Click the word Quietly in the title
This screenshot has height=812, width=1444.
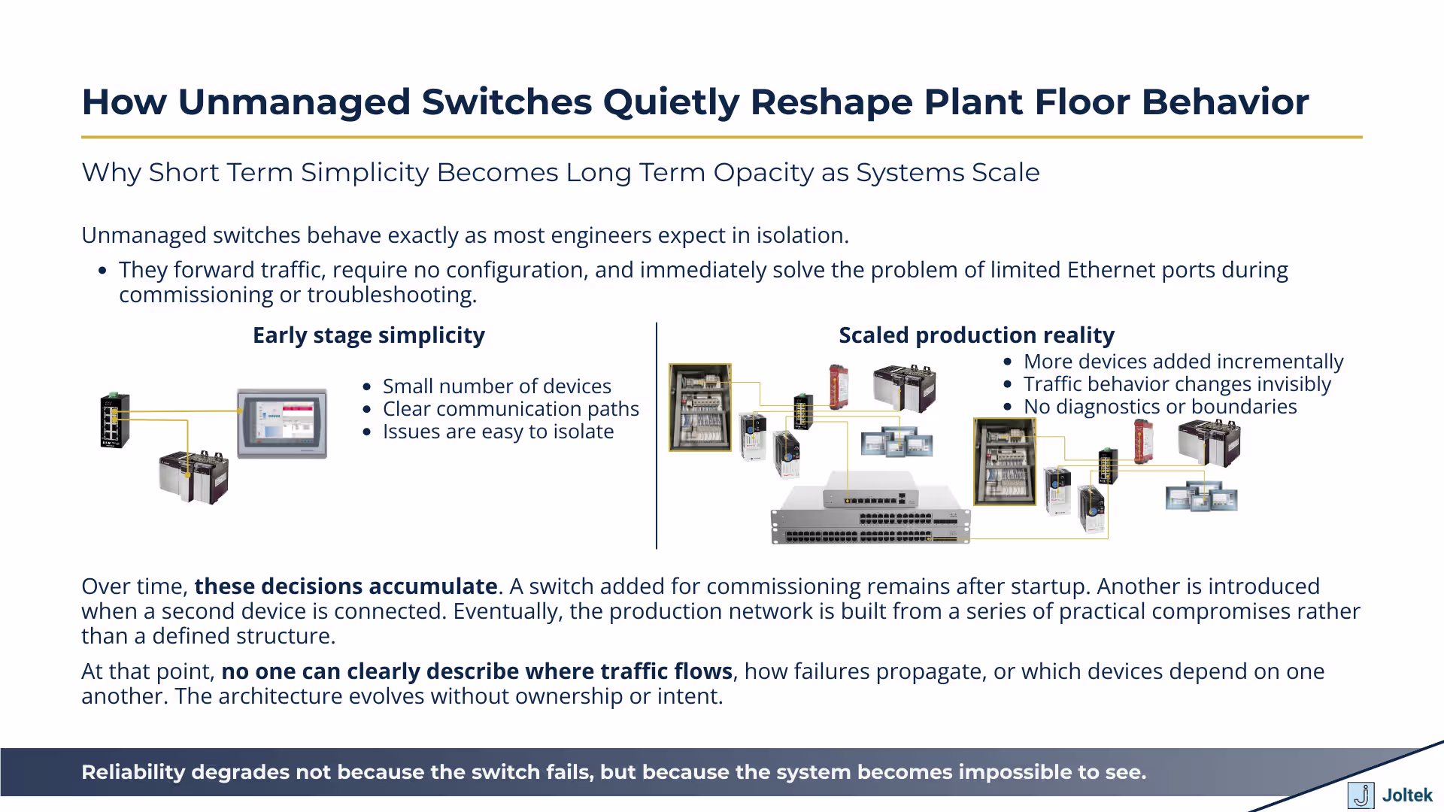tap(670, 102)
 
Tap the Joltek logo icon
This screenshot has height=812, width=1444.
tap(1361, 795)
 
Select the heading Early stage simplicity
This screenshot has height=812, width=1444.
tap(369, 335)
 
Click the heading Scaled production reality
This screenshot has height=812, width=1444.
tap(976, 335)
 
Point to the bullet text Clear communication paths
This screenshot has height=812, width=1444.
tap(511, 409)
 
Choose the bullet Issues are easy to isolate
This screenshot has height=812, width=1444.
tap(498, 432)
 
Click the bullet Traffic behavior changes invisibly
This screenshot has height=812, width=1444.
tap(1177, 384)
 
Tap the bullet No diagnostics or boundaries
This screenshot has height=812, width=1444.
tap(1160, 407)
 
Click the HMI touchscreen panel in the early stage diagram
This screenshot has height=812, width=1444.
tap(282, 423)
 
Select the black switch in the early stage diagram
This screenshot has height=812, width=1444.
tap(115, 420)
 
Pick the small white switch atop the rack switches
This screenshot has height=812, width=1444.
tap(870, 490)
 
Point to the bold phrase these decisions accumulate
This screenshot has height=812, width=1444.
tap(345, 586)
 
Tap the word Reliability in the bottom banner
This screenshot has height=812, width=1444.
tap(133, 772)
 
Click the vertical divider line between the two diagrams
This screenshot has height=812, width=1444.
tap(657, 436)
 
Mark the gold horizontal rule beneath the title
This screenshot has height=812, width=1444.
tap(722, 138)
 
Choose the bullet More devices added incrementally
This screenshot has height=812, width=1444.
tap(1183, 362)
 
